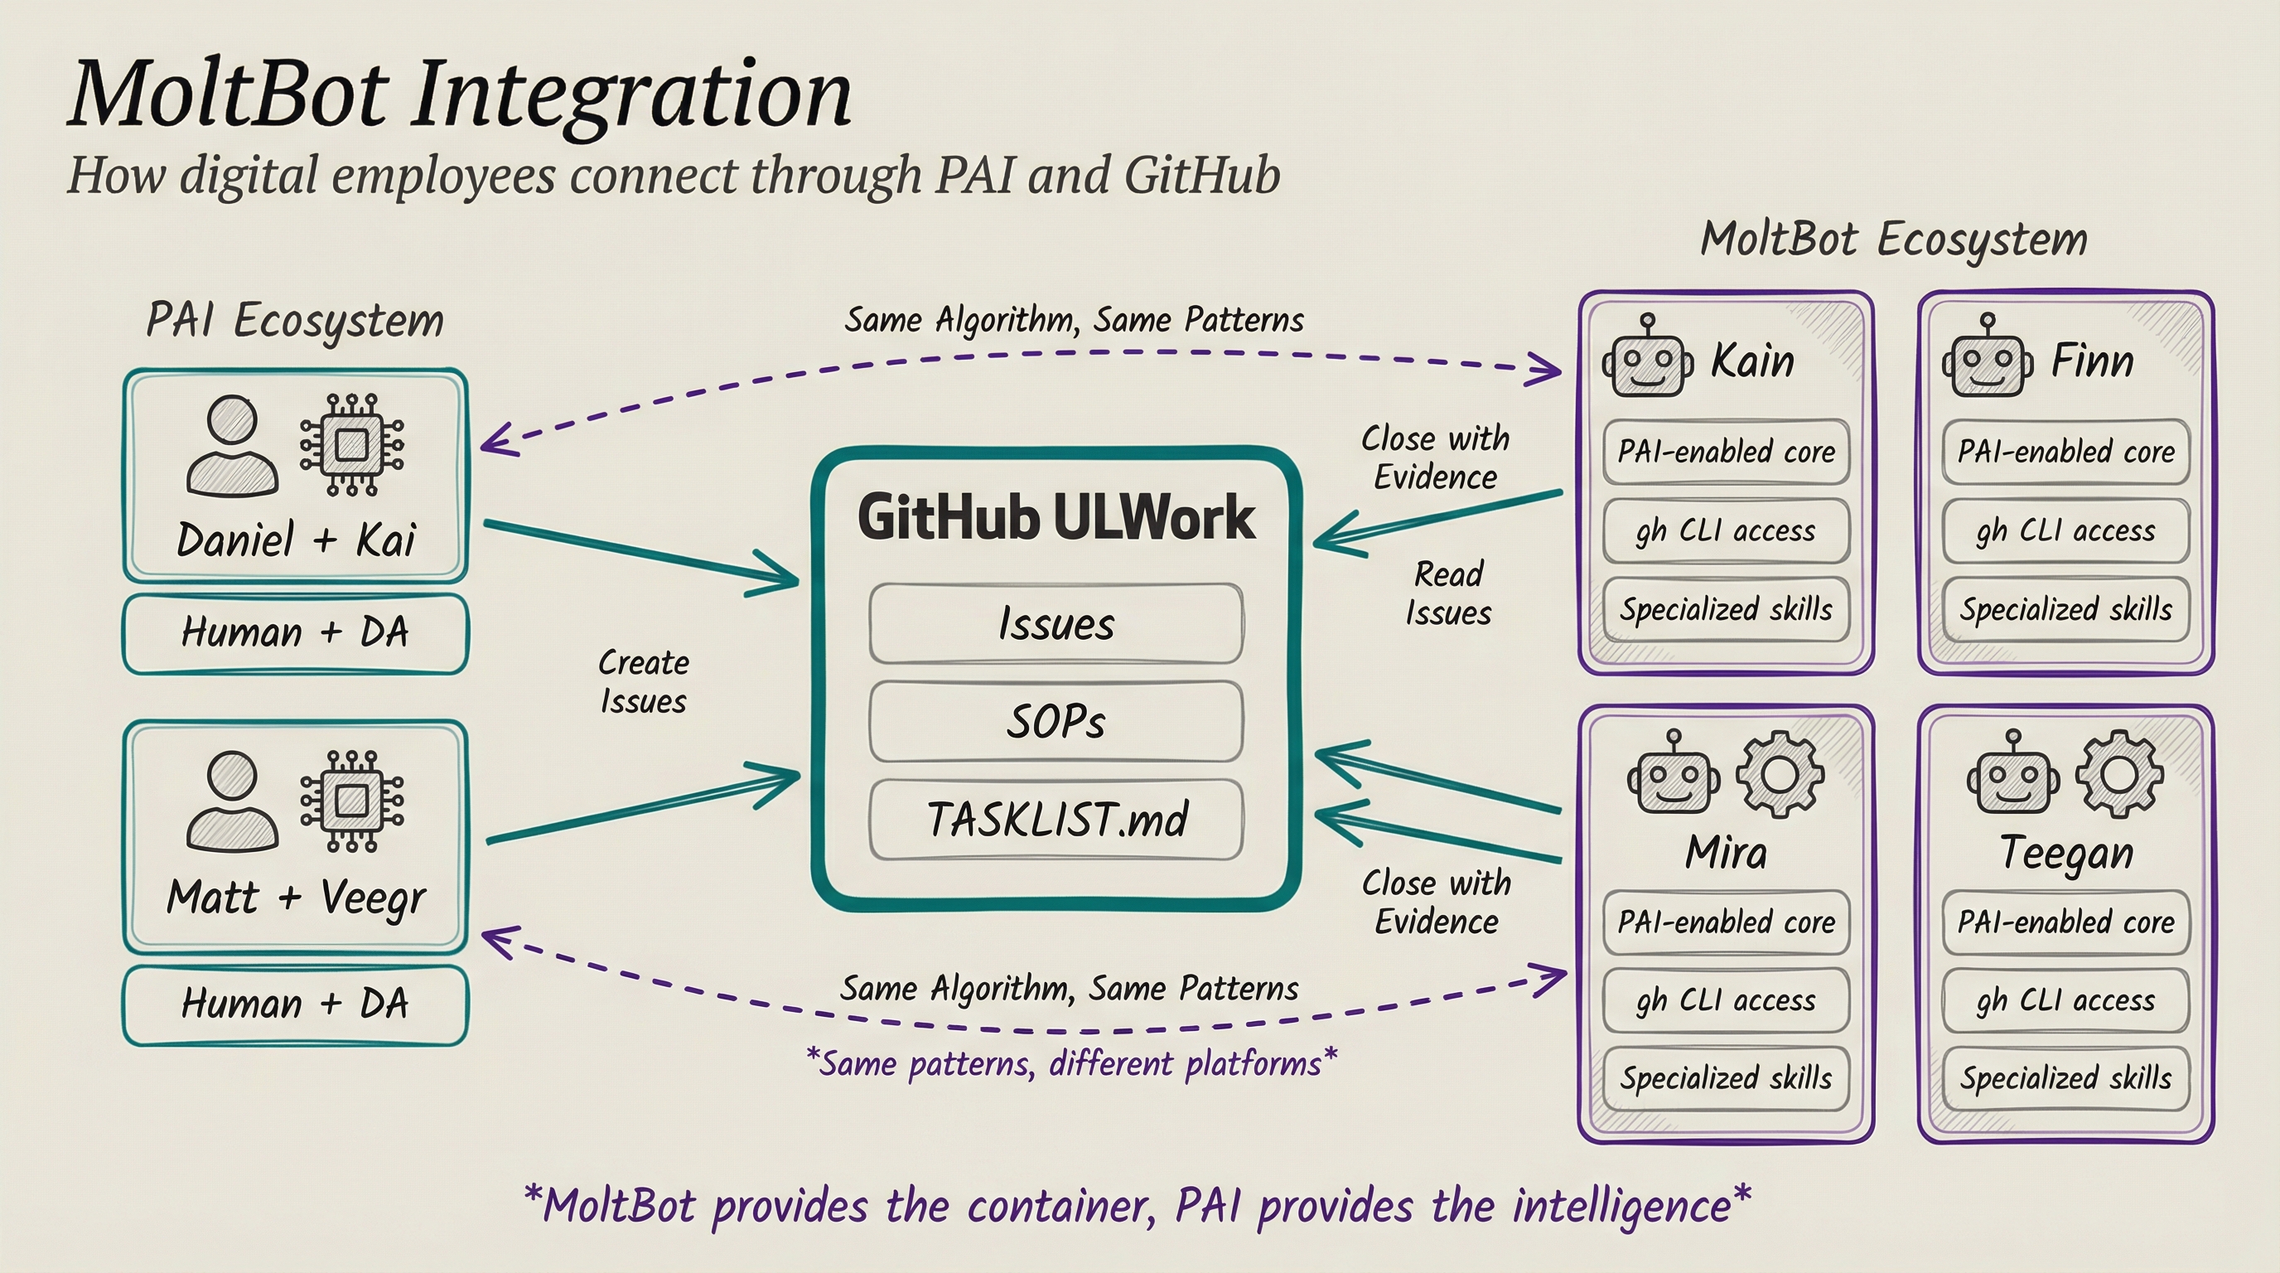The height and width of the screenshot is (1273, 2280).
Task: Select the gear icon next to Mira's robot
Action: [x=1779, y=774]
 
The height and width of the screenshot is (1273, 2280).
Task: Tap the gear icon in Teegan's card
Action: [x=2119, y=774]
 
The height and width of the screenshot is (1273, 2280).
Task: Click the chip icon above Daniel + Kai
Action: [x=351, y=444]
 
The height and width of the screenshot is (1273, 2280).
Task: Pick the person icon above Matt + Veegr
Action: [x=232, y=801]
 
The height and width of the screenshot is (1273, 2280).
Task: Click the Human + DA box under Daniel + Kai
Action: [x=295, y=633]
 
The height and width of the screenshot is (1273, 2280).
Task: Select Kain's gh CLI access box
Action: [x=1726, y=531]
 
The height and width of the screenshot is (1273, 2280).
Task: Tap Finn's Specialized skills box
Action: [x=2065, y=609]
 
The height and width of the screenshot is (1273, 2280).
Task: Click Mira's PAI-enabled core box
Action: [x=1726, y=922]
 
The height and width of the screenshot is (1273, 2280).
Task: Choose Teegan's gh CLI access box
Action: [x=2065, y=1000]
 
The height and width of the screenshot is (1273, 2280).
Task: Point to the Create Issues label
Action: [x=644, y=681]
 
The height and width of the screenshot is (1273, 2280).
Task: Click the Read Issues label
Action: [x=1448, y=593]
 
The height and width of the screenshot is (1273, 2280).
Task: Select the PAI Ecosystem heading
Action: [x=295, y=321]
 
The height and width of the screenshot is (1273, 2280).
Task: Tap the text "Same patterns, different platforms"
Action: [x=1071, y=1062]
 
